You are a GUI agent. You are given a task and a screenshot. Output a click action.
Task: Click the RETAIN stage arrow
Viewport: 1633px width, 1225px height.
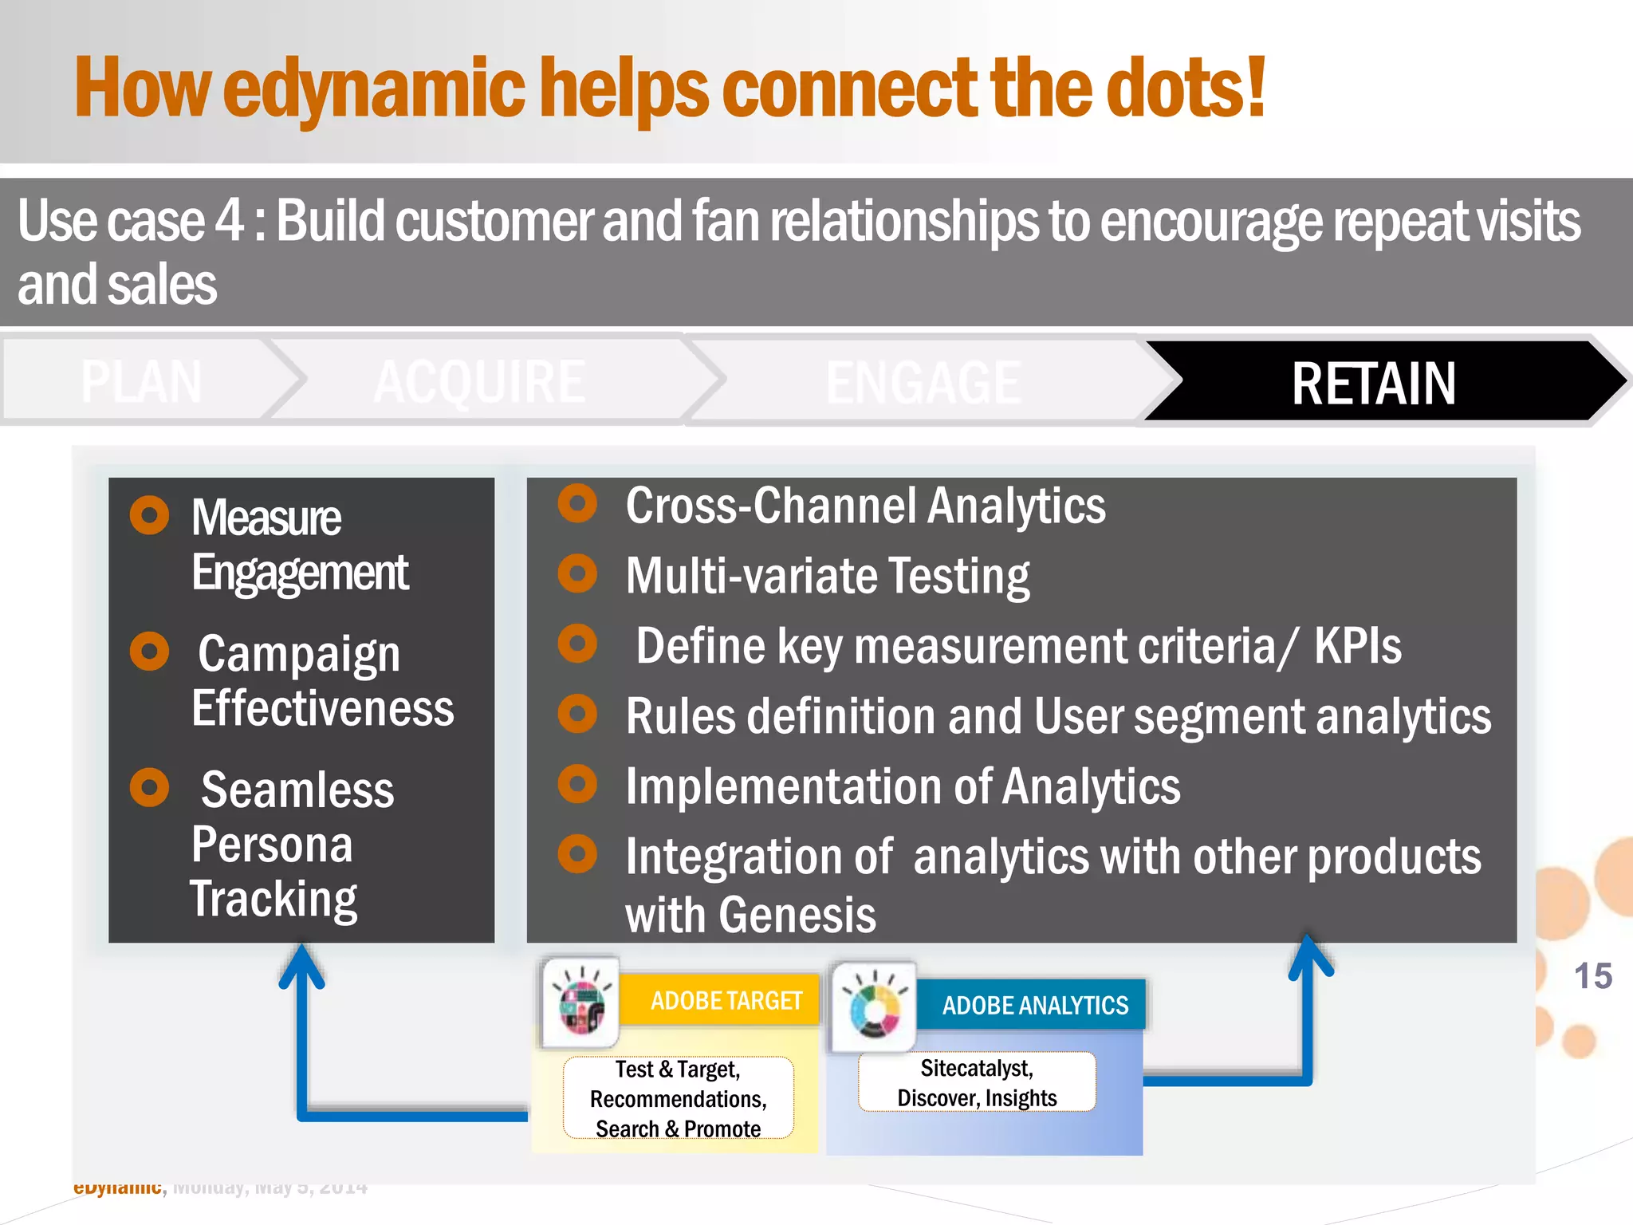pos(1373,383)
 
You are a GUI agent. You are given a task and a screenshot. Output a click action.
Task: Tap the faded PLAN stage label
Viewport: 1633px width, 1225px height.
pos(141,381)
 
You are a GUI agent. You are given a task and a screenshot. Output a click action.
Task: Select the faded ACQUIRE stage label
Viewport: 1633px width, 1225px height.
pos(479,382)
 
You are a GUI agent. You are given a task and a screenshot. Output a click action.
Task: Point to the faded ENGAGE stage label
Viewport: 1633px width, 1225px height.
pos(923,383)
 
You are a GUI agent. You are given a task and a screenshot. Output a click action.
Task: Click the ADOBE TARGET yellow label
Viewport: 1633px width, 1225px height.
pos(725,1000)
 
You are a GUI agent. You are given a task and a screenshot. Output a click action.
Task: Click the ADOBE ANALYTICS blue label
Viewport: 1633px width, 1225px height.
pos(1034,1005)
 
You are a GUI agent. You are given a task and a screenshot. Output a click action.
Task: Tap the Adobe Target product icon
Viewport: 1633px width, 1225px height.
pos(581,1003)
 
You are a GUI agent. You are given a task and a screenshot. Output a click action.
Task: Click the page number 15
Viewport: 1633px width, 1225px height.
pos(1592,976)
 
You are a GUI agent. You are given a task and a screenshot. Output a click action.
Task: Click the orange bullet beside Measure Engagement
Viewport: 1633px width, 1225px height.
pos(149,515)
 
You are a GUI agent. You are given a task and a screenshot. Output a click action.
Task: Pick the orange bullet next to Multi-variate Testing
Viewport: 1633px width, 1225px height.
pos(577,573)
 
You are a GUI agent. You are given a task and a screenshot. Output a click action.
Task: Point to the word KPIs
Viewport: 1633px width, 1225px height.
pos(1357,645)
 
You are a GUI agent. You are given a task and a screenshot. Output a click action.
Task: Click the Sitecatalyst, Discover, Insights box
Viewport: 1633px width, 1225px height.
pos(976,1082)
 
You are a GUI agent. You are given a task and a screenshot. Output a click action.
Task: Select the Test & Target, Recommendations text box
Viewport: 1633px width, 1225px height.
pos(678,1098)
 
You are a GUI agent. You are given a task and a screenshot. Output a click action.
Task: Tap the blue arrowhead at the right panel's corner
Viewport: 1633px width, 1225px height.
pos(1308,954)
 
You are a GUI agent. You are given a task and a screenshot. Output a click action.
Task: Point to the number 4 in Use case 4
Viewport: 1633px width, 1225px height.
pos(230,220)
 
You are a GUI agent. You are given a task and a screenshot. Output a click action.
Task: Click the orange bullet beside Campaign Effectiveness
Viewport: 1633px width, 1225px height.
pos(149,651)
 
